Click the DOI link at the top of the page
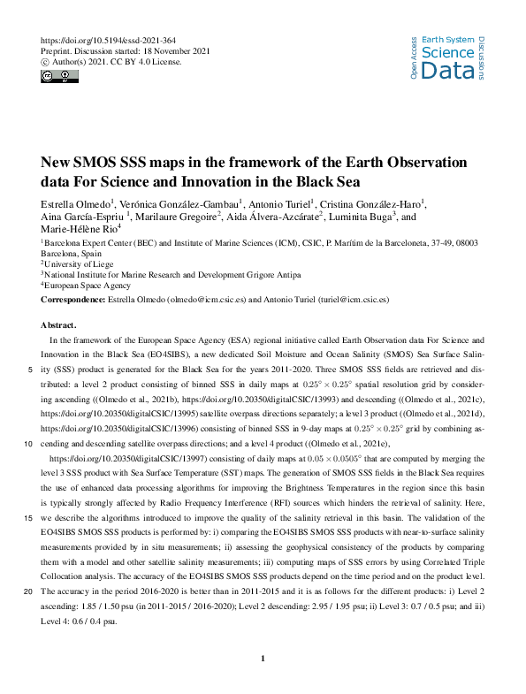(103, 41)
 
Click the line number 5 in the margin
(34, 370)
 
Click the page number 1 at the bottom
(263, 659)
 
